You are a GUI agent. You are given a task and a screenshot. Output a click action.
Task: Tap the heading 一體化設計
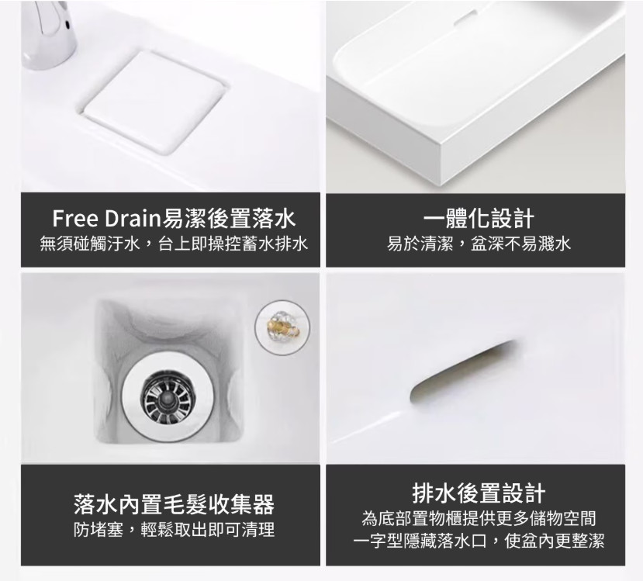pos(479,218)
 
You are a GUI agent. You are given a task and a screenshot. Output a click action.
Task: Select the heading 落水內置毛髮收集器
pos(174,504)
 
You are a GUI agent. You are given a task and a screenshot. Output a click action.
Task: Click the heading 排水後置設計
pos(479,493)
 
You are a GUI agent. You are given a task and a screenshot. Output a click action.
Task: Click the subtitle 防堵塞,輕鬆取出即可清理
pos(174,530)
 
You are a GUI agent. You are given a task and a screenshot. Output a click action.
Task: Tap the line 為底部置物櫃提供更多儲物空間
pos(479,519)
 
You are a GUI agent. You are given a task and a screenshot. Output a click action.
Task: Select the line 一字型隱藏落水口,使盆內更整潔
pos(479,541)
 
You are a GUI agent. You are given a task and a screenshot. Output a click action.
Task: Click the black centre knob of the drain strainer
pos(167,396)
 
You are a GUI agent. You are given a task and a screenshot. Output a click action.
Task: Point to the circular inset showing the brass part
pos(282,327)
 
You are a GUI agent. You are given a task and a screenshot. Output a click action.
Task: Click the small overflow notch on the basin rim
pos(464,18)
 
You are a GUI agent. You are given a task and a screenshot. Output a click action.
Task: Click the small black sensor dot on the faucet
pos(67,25)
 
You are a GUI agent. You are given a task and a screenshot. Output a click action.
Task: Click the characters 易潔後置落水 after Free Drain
pos(229,218)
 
